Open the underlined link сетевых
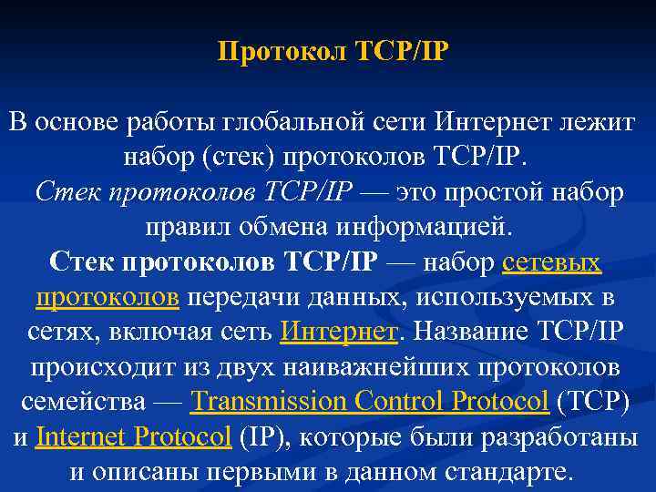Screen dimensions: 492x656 [551, 263]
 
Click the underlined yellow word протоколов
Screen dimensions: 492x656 [107, 298]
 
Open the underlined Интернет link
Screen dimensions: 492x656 [339, 333]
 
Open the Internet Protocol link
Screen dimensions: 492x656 [133, 437]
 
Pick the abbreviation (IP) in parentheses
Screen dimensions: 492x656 [263, 437]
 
